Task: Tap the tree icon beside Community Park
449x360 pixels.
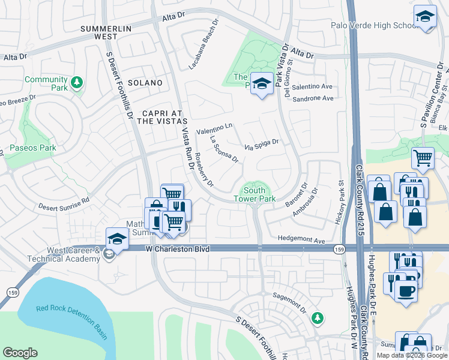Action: tap(76, 82)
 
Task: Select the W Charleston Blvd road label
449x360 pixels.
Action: tap(178, 248)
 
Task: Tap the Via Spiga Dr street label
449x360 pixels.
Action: tap(262, 144)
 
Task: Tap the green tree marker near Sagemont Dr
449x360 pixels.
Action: tap(318, 318)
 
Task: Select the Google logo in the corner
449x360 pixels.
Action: tap(20, 353)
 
